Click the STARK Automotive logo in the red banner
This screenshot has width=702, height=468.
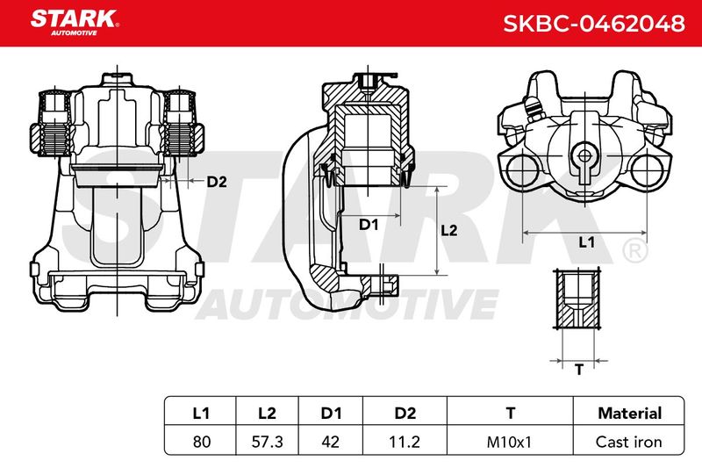point(75,23)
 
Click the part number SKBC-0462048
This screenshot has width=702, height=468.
point(594,24)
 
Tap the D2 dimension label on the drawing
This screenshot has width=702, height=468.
point(217,182)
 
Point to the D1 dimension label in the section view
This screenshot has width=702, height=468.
point(369,225)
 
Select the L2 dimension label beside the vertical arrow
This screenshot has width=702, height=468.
point(449,230)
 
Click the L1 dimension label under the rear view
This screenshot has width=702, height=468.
point(586,242)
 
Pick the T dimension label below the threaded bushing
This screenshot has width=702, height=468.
point(579,370)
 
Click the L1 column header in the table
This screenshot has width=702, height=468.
point(201,413)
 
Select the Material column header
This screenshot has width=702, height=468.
point(629,413)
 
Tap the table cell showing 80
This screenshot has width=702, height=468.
point(202,442)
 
